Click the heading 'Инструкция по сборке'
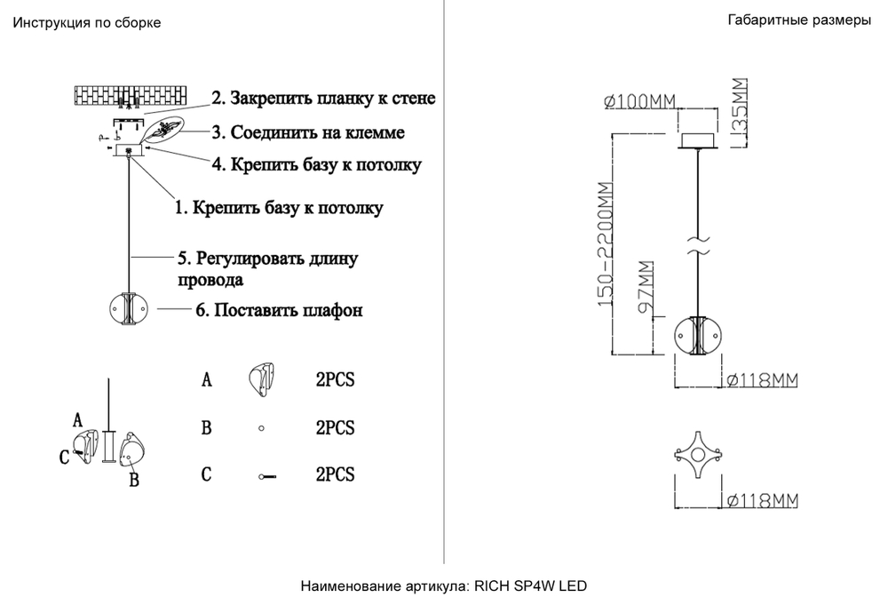(87, 23)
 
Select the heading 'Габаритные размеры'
(799, 21)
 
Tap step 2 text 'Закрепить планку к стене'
(323, 97)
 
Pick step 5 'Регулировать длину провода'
(266, 268)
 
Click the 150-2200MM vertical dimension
(605, 244)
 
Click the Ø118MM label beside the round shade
(762, 379)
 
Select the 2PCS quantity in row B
(335, 427)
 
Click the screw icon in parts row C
(266, 477)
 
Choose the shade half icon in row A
(262, 380)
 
